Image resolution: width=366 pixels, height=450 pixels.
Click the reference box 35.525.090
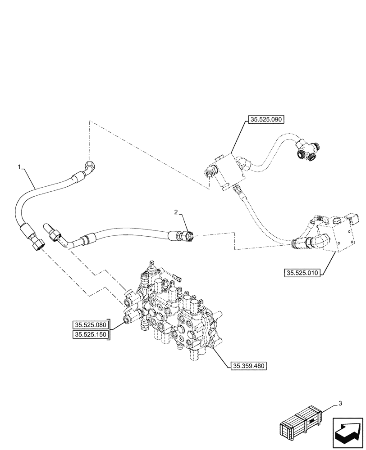tap(265, 120)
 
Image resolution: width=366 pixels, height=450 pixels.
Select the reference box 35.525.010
tap(302, 273)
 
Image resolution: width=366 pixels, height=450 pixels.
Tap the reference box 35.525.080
tap(90, 324)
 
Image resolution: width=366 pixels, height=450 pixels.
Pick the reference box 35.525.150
tap(90, 335)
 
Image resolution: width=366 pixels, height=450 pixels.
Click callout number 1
tap(19, 167)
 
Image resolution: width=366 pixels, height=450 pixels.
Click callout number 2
tap(177, 211)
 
